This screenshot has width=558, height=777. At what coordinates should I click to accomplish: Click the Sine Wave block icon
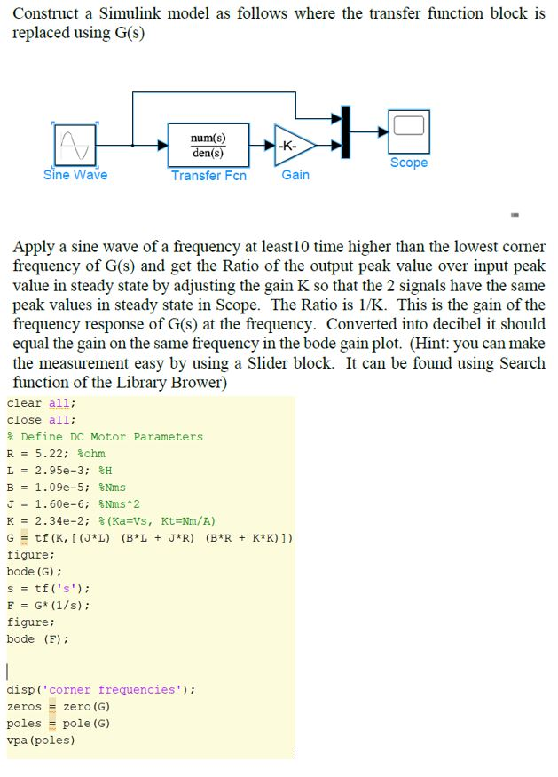[75, 144]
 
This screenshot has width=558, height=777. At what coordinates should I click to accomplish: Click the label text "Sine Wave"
[75, 175]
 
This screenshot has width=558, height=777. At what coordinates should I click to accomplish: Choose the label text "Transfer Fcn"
[208, 176]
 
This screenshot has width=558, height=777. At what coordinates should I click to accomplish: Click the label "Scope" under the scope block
[409, 163]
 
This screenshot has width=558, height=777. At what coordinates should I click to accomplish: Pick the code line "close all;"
[41, 420]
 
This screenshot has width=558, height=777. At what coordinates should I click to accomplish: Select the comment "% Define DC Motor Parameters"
[105, 437]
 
